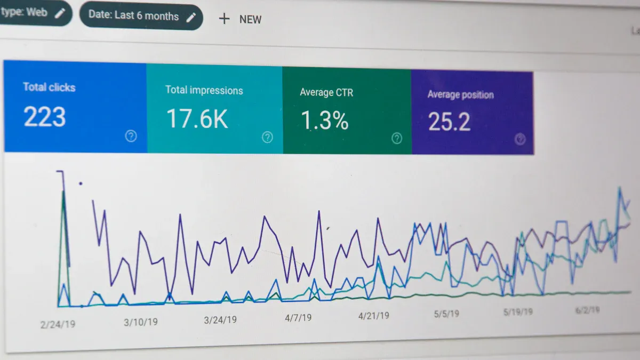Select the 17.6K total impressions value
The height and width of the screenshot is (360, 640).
pyautogui.click(x=197, y=119)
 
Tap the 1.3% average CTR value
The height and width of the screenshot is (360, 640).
pyautogui.click(x=324, y=121)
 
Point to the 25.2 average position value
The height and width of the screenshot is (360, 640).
pyautogui.click(x=449, y=122)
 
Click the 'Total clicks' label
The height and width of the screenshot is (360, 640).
pyautogui.click(x=49, y=87)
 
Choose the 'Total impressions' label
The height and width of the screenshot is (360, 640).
pyautogui.click(x=204, y=90)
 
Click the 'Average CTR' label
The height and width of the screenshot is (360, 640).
pyautogui.click(x=326, y=93)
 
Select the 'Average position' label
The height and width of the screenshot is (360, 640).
pyautogui.click(x=460, y=95)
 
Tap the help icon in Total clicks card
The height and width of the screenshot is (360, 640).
pyautogui.click(x=131, y=136)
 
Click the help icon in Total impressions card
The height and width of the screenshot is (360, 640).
pyautogui.click(x=267, y=138)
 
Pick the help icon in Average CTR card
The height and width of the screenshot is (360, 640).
pyautogui.click(x=397, y=139)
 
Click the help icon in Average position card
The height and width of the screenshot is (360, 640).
pyautogui.click(x=520, y=140)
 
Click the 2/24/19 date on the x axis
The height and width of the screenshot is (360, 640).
pyautogui.click(x=58, y=324)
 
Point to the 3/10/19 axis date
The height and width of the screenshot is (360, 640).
pyautogui.click(x=141, y=322)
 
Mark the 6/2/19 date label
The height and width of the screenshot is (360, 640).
pyautogui.click(x=587, y=310)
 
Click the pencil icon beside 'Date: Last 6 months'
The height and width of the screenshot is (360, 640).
pyautogui.click(x=191, y=17)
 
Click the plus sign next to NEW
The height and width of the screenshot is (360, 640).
pyautogui.click(x=225, y=19)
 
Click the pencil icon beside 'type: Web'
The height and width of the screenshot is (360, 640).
pyautogui.click(x=60, y=13)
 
